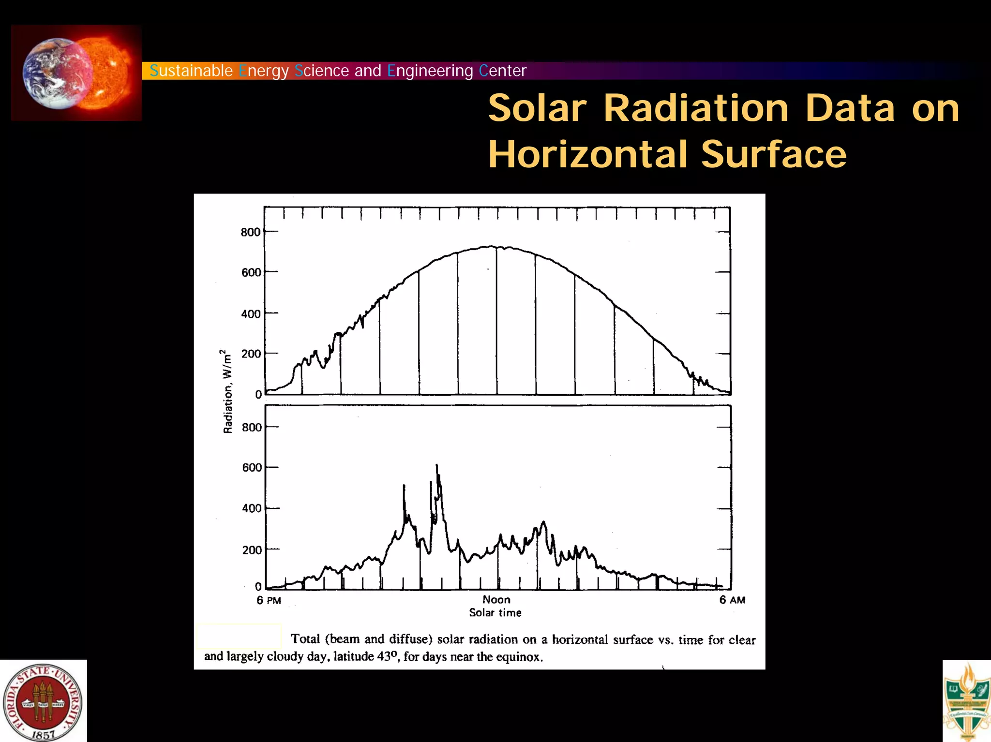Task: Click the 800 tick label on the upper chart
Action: pos(250,232)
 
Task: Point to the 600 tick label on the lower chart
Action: pos(252,467)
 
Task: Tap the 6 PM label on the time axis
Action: pos(269,600)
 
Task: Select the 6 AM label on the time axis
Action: pos(732,600)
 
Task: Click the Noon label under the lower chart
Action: pos(496,599)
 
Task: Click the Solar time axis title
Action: pos(495,612)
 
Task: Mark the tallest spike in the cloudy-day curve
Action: pos(436,466)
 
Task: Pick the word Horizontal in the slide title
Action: pos(587,154)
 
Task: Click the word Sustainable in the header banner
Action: pos(191,71)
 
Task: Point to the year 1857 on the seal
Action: pos(43,735)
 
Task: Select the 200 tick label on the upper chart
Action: pos(251,354)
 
